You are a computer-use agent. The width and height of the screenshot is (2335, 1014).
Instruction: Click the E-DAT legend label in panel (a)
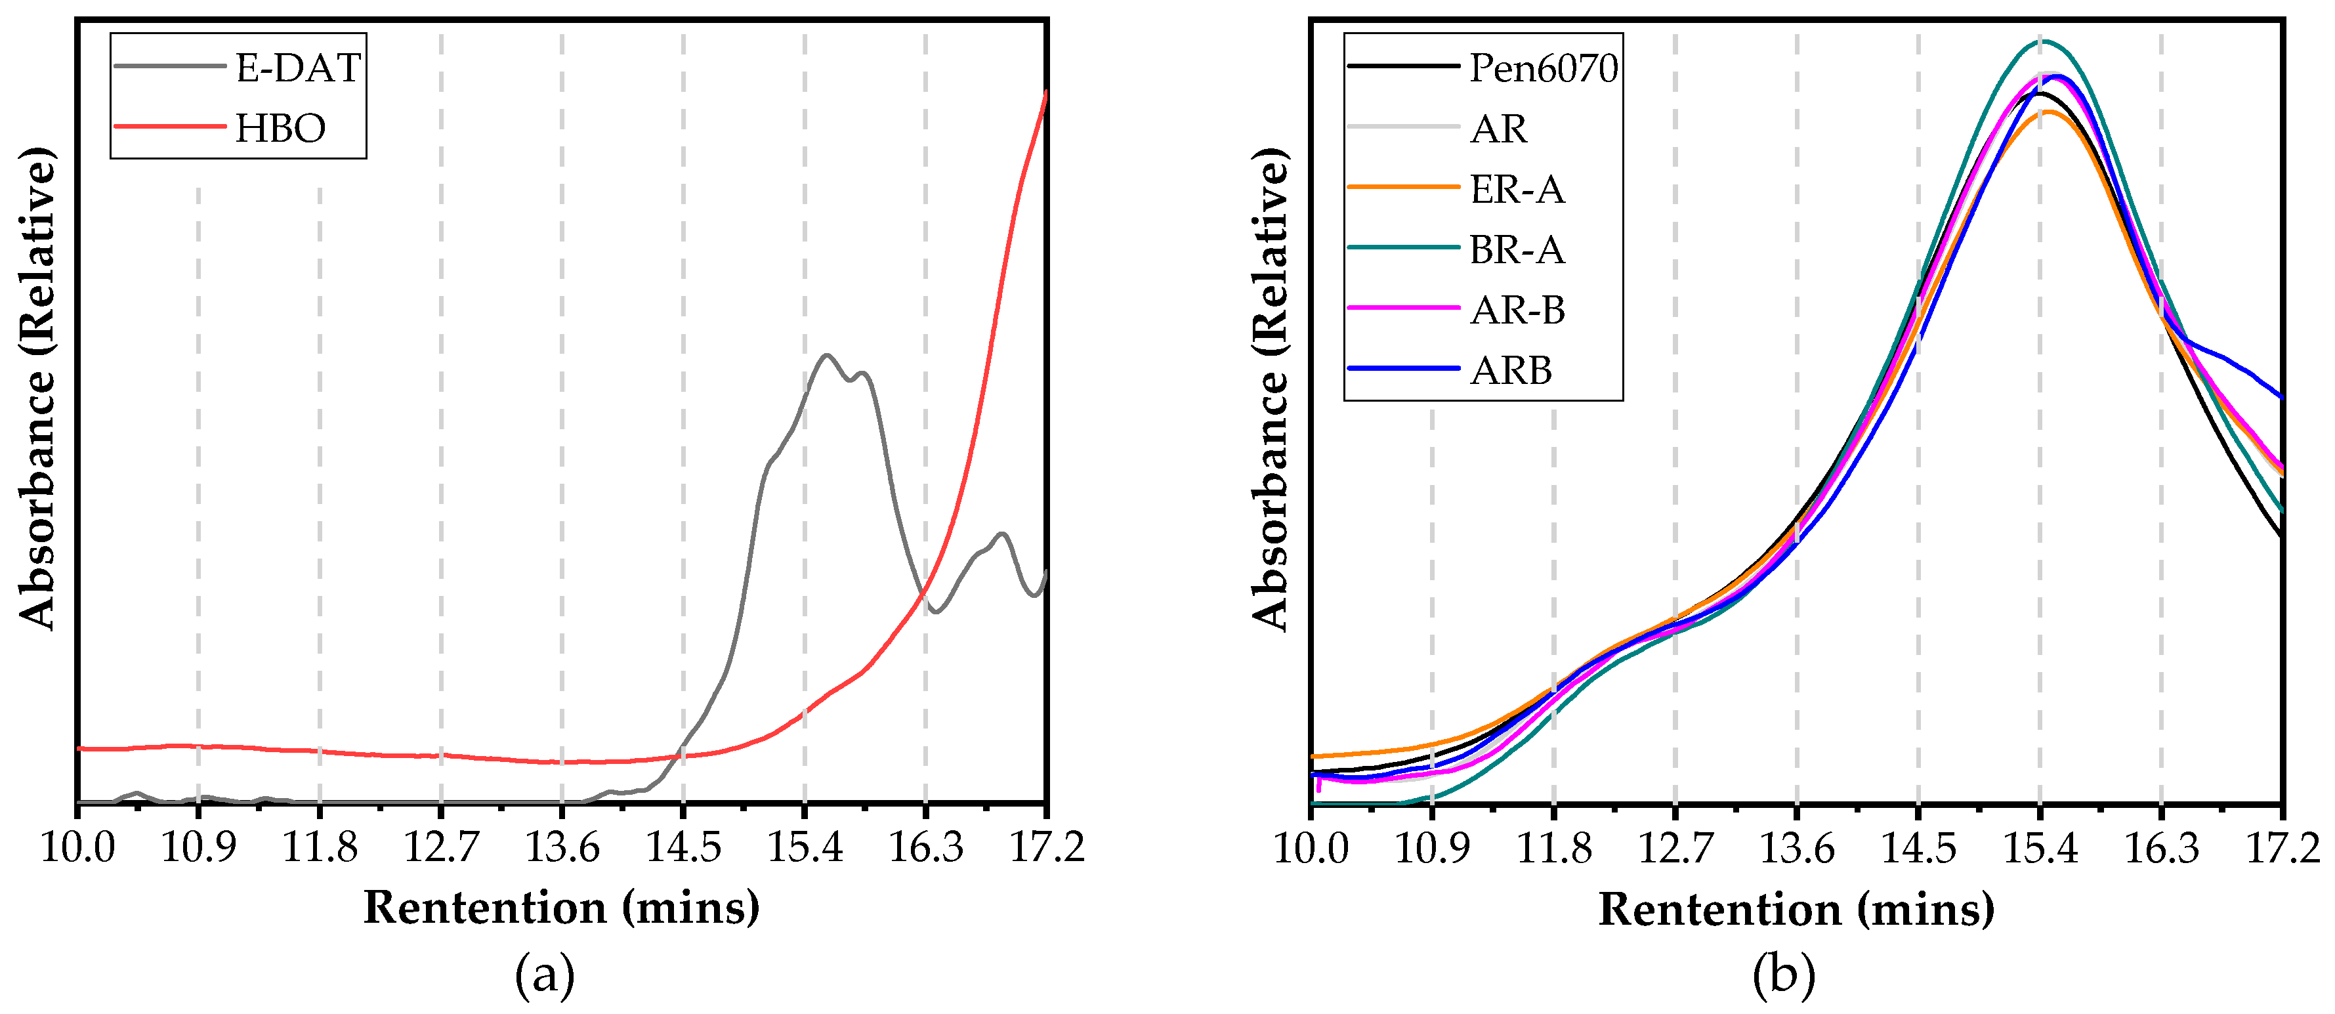click(298, 68)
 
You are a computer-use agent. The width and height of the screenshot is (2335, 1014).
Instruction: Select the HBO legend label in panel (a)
click(280, 128)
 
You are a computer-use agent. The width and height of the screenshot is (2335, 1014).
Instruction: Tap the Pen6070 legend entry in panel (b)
click(1543, 68)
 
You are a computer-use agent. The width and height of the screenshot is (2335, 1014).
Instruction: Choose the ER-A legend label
click(1517, 190)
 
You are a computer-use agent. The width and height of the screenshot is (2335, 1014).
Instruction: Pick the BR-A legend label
click(1517, 249)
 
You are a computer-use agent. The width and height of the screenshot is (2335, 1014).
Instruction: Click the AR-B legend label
click(1517, 310)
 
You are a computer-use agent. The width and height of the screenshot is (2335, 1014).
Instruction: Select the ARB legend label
click(1510, 371)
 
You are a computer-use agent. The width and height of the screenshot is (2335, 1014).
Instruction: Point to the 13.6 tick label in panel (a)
click(562, 847)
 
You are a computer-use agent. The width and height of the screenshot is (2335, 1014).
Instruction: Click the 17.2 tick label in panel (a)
click(1047, 847)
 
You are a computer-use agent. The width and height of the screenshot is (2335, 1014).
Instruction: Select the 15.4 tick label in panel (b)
click(2040, 848)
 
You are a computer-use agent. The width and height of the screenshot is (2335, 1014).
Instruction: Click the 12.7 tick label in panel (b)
click(1675, 848)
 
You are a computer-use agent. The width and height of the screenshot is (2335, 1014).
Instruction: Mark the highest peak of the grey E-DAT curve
click(826, 354)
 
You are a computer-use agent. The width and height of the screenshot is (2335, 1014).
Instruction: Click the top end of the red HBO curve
click(1046, 93)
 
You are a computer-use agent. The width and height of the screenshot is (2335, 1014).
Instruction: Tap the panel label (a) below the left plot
click(544, 976)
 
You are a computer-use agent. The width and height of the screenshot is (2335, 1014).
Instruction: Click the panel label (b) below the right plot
click(1783, 976)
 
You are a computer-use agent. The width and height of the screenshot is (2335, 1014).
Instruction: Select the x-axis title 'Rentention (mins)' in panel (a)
click(561, 907)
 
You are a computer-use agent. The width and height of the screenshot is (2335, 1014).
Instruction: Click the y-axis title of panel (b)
click(1270, 390)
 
